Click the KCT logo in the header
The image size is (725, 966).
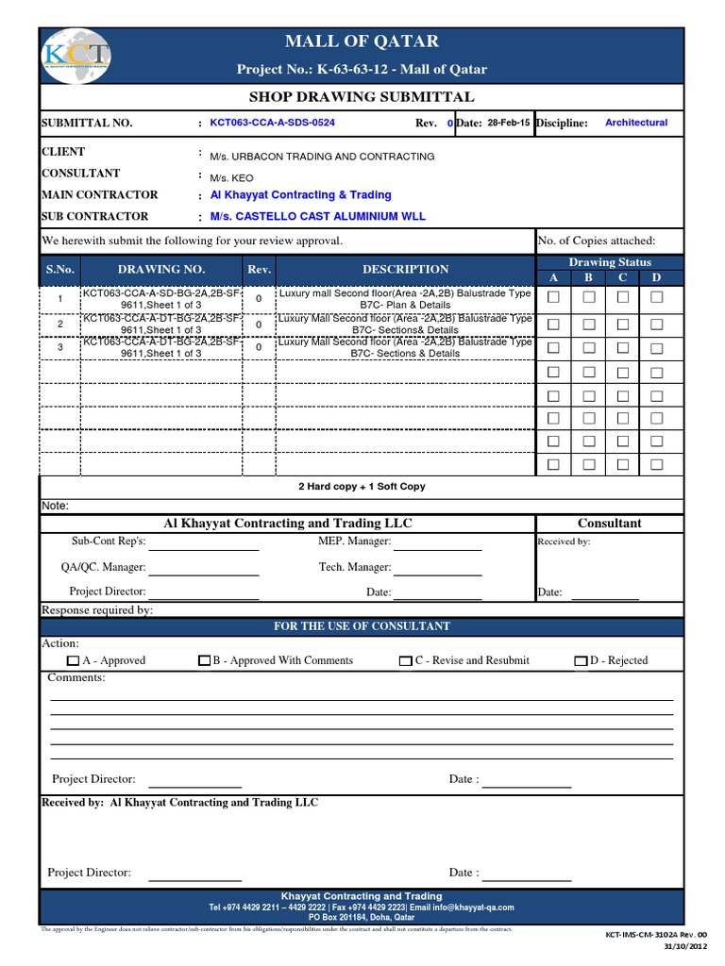point(76,55)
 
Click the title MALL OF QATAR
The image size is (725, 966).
point(362,42)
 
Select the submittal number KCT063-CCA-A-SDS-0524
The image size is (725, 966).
point(272,123)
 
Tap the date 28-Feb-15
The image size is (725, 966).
point(509,123)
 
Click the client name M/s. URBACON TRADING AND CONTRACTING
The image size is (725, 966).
point(322,157)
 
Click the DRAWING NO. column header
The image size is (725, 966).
point(161,269)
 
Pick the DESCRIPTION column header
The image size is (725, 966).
point(405,269)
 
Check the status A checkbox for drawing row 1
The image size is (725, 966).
point(554,297)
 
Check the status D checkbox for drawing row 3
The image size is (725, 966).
point(656,346)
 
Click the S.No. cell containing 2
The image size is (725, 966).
point(59,325)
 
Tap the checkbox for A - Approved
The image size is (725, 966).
point(74,661)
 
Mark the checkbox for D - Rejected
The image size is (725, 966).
point(581,661)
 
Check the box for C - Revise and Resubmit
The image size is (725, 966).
point(406,661)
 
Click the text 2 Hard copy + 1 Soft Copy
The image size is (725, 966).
point(362,487)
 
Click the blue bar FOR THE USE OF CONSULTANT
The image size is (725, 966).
point(362,626)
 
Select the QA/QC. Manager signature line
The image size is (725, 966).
point(204,570)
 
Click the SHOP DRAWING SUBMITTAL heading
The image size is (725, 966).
point(362,97)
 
